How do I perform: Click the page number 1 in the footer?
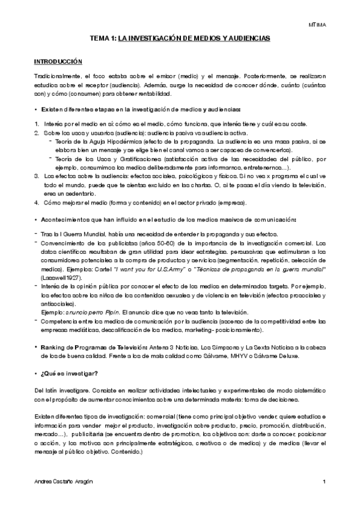324,482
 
